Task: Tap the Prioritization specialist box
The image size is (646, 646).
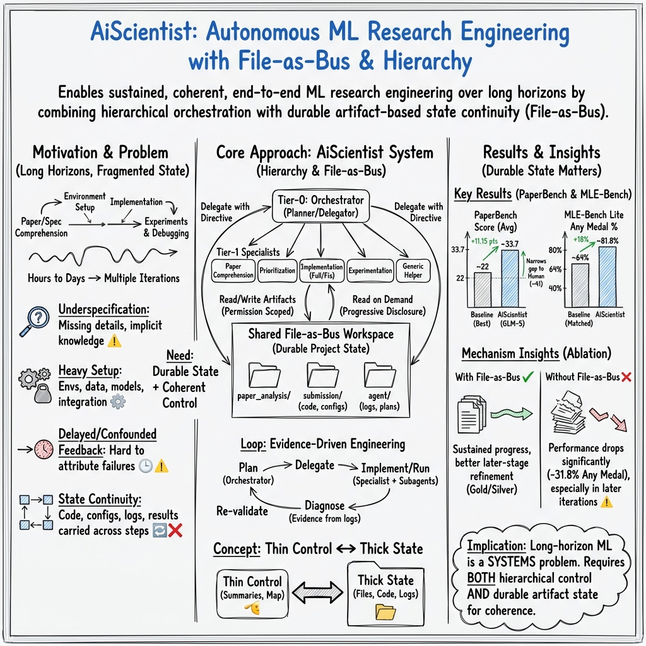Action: click(x=277, y=270)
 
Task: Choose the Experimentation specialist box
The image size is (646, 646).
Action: click(x=371, y=270)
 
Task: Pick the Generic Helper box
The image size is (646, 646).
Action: click(x=413, y=270)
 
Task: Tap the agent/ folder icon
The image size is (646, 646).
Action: click(x=380, y=376)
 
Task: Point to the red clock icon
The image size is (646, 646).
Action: click(x=43, y=449)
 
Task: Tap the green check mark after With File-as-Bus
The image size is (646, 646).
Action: click(x=527, y=377)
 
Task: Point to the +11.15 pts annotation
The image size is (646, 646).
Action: click(x=484, y=240)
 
